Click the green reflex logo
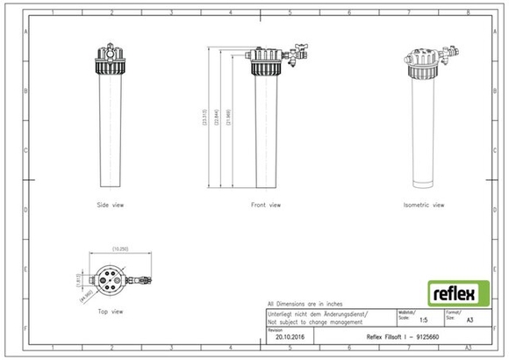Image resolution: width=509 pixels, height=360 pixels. tap(452, 292)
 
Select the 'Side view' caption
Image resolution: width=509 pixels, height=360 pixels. tap(110, 205)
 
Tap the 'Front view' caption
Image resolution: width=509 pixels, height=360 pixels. tap(267, 205)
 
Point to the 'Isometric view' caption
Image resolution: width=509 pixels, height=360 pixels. tap(424, 205)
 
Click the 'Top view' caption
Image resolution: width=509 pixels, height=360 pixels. tap(111, 311)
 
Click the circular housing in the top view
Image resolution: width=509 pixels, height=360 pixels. tap(111, 278)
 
